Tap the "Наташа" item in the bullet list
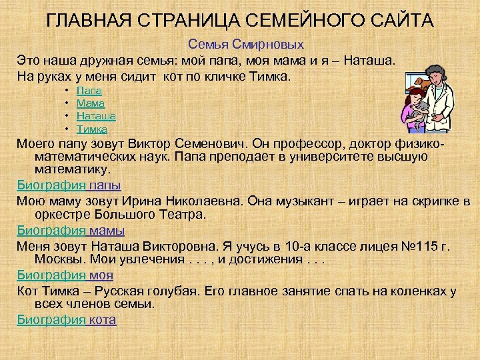pyautogui.click(x=96, y=115)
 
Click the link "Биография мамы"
pyautogui.click(x=70, y=231)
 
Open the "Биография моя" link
pyautogui.click(x=65, y=275)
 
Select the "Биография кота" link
pyautogui.click(x=67, y=320)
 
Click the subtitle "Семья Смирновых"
pyautogui.click(x=246, y=45)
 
